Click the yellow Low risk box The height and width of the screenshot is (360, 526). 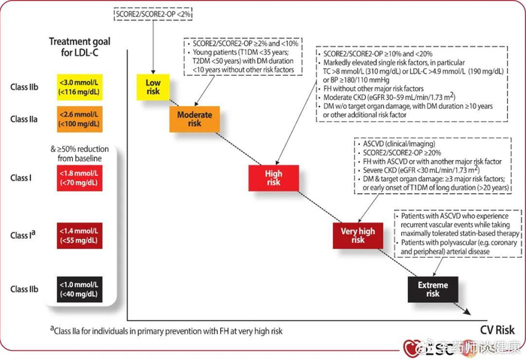(x=153, y=86)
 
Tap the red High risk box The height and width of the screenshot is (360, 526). (x=272, y=177)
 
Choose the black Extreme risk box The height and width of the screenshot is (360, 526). (x=432, y=289)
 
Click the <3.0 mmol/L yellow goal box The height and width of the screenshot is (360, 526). (x=75, y=86)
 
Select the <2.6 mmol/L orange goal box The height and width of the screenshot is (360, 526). (x=75, y=118)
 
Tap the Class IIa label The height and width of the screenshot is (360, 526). (x=23, y=118)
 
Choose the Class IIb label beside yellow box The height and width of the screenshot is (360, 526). (x=23, y=86)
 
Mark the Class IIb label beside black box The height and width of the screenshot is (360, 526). (x=23, y=289)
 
